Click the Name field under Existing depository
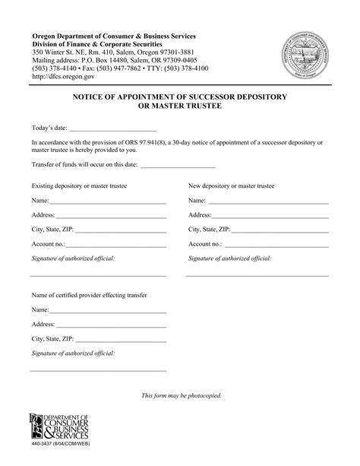[107, 203]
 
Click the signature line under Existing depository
[98, 275]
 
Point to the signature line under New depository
[257, 275]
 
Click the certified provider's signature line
[98, 371]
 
